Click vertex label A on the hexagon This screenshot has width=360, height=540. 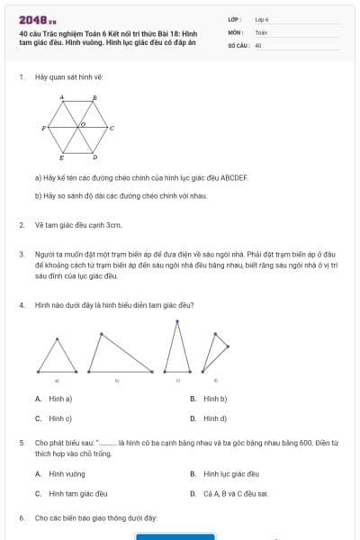tap(61, 95)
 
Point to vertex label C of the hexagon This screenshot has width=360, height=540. tap(112, 128)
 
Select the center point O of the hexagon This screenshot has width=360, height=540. tap(83, 123)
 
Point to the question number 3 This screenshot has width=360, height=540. tap(21, 255)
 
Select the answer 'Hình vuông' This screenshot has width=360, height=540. tap(67, 472)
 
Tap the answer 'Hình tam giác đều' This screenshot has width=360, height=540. tap(77, 493)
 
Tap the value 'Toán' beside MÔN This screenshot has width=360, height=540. tap(261, 31)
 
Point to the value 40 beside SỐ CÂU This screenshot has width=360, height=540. tap(258, 44)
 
